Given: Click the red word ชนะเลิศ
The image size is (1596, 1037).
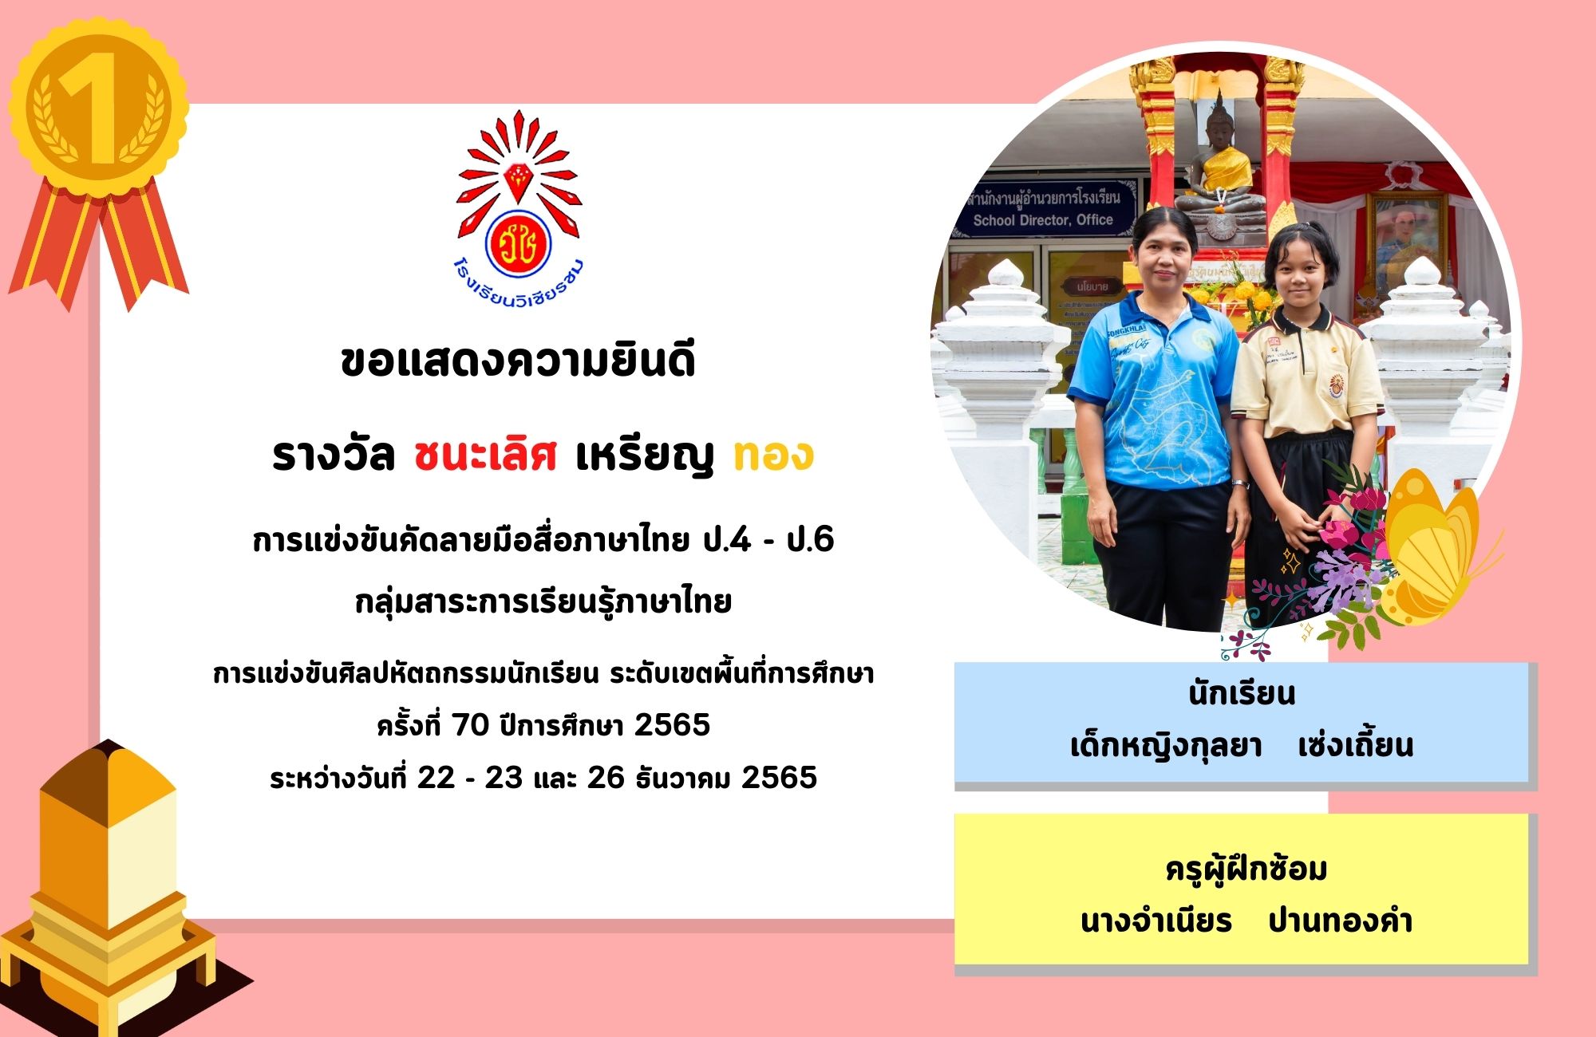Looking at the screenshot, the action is [x=485, y=455].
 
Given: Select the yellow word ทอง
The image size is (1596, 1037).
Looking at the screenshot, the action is [x=773, y=455].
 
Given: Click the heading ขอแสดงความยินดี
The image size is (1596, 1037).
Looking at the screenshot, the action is [x=518, y=360].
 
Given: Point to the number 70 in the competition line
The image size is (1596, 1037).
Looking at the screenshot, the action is [x=470, y=725].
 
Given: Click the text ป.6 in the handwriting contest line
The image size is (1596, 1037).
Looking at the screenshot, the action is [x=810, y=541].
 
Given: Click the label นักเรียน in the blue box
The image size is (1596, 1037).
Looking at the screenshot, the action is [x=1242, y=694].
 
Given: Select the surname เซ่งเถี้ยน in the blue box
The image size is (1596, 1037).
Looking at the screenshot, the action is [x=1355, y=746].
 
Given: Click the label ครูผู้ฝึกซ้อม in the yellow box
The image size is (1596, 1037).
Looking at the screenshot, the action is [x=1246, y=869].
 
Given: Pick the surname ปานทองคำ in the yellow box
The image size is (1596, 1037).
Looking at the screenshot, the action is [x=1341, y=921].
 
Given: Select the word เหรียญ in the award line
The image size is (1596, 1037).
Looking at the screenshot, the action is [x=644, y=455].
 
